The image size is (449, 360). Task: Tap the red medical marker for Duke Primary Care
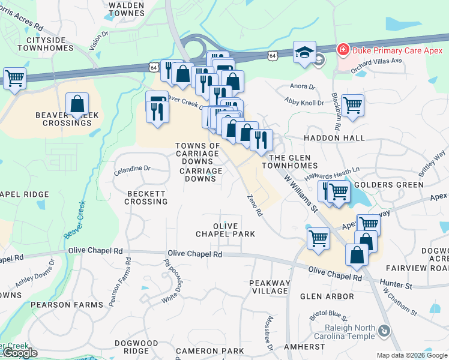point(342,49)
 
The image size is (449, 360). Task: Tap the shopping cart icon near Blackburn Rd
point(352,105)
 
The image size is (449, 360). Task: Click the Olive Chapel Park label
point(226,230)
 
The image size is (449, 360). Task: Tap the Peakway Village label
point(270,287)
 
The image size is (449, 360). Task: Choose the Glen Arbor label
point(327,296)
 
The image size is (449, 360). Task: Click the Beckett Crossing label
point(146,197)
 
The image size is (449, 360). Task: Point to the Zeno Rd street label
point(255,205)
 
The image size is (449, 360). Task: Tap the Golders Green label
point(389,185)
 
